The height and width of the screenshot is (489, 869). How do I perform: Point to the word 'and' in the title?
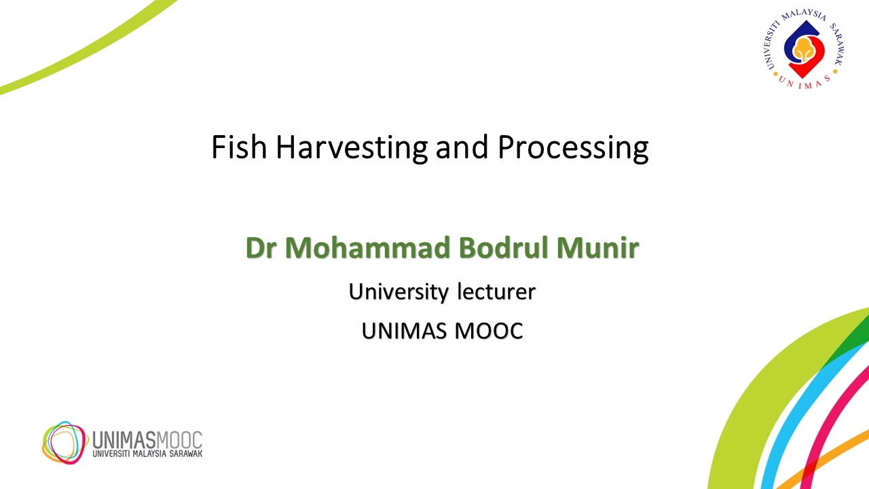point(462,147)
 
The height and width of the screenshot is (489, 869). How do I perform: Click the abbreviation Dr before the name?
point(261,248)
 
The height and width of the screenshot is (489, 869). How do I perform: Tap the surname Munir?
point(598,248)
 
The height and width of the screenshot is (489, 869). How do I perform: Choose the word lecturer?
point(496,291)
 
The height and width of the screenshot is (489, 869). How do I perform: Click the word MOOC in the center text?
point(489,331)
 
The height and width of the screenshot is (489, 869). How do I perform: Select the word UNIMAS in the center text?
point(404,331)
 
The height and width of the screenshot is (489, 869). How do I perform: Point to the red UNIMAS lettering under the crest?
point(805,82)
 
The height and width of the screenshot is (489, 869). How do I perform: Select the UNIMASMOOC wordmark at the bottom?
point(147,440)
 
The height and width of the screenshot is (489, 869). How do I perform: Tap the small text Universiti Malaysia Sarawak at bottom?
point(147,454)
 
